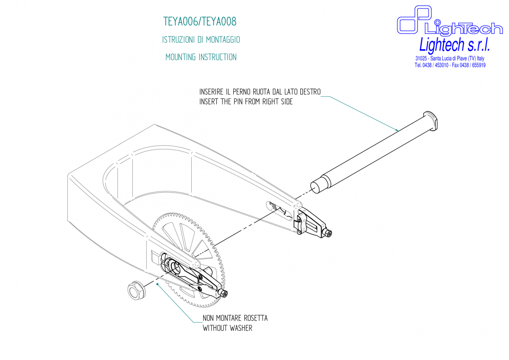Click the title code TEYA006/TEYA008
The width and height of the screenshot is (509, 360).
coord(200,21)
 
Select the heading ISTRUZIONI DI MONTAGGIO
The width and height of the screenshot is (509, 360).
coord(201,39)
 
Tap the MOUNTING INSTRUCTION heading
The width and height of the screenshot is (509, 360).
coord(201,57)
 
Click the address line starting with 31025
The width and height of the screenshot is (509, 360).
coord(450,59)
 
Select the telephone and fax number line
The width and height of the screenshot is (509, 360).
coord(450,65)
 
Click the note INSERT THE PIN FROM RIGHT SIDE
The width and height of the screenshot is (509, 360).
coord(246,102)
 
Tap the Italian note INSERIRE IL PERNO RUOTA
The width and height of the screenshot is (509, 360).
coord(260,92)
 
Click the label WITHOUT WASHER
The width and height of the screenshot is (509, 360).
coord(227,328)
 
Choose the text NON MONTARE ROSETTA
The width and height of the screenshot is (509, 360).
coord(235,318)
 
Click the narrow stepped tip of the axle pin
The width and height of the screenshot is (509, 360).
coord(318,185)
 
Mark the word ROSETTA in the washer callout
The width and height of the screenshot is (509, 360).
coord(255,318)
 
